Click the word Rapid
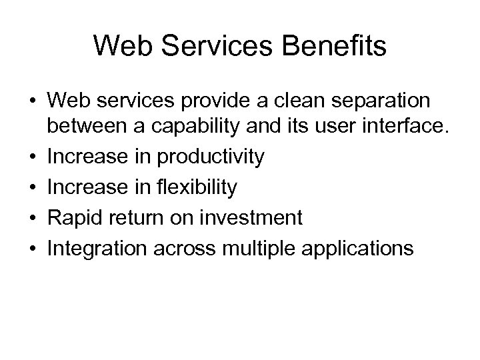pyautogui.click(x=71, y=217)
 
